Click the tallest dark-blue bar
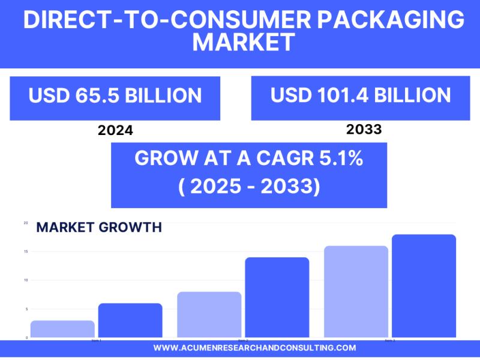pyautogui.click(x=424, y=286)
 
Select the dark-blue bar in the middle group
pyautogui.click(x=277, y=297)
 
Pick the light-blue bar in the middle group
pyautogui.click(x=209, y=314)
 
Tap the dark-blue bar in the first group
pyautogui.click(x=130, y=320)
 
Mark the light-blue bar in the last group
pyautogui.click(x=356, y=292)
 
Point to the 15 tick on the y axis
pyautogui.click(x=25, y=251)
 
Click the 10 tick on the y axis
pyautogui.click(x=25, y=280)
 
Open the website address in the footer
pyautogui.click(x=254, y=348)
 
